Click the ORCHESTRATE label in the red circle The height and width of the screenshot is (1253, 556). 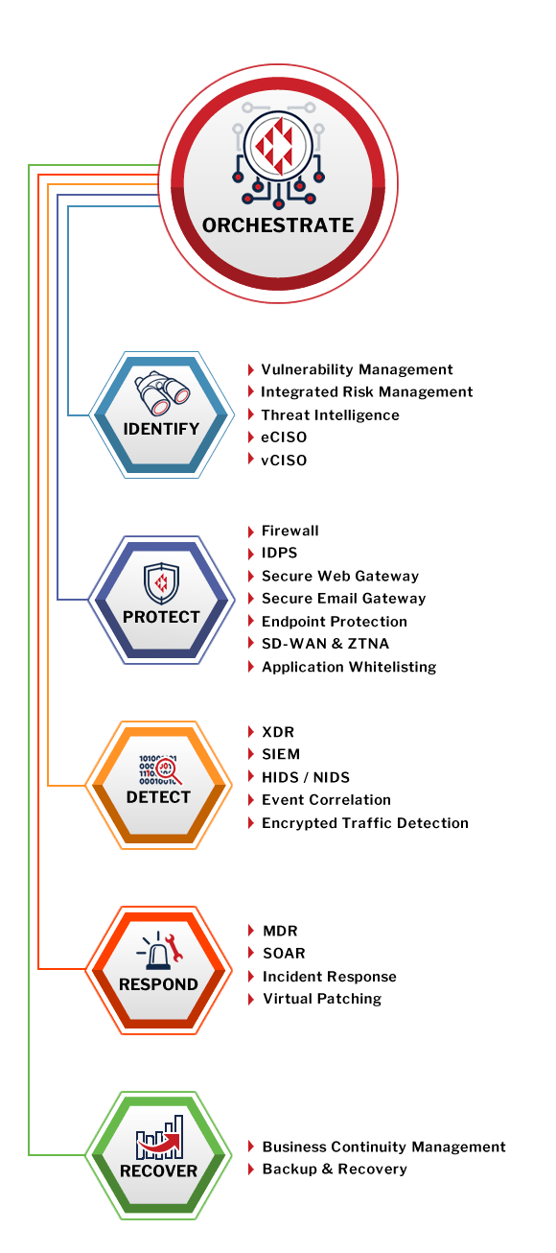[x=278, y=225]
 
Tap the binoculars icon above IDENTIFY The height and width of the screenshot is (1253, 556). [x=162, y=393]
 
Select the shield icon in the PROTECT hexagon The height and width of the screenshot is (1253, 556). [x=161, y=583]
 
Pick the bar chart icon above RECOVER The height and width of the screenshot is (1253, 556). [x=160, y=1137]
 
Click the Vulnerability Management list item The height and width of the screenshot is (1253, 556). [x=357, y=369]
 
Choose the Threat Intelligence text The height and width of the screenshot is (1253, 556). [x=330, y=415]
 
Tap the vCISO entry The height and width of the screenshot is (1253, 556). [x=284, y=461]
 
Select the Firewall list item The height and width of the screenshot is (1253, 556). [x=290, y=531]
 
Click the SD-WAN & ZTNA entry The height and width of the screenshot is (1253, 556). [x=325, y=644]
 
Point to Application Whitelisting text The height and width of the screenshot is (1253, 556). [x=349, y=667]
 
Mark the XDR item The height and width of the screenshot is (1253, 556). [x=278, y=732]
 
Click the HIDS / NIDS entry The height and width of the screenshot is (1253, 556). [x=306, y=777]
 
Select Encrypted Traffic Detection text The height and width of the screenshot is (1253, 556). [x=365, y=823]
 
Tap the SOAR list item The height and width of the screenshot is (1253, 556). [x=284, y=953]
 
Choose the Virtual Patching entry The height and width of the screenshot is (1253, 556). [x=322, y=999]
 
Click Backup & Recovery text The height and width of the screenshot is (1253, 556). [x=335, y=1170]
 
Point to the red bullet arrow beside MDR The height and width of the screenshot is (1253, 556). [x=251, y=931]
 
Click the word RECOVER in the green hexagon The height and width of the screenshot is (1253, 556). [x=159, y=1170]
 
